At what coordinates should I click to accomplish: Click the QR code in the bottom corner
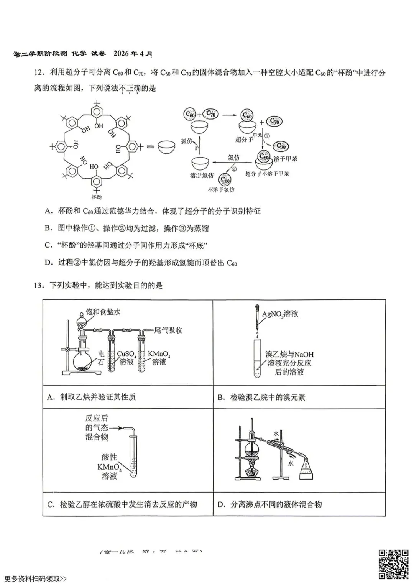(x=393, y=564)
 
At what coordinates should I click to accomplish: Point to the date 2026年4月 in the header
(x=133, y=54)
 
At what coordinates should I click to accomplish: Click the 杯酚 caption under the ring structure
(x=96, y=197)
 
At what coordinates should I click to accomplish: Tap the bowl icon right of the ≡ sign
(x=166, y=147)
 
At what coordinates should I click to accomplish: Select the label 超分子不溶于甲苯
(x=267, y=174)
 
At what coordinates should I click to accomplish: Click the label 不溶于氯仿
(x=221, y=189)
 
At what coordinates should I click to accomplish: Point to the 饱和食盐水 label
(x=103, y=312)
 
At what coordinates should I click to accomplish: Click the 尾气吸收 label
(x=168, y=330)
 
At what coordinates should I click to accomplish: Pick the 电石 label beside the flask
(x=101, y=357)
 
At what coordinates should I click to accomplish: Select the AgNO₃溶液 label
(x=280, y=314)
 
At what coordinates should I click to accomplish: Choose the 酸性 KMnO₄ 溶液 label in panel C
(x=109, y=467)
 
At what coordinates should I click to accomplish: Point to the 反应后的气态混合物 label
(x=97, y=427)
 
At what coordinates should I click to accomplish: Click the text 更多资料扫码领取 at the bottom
(x=36, y=578)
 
